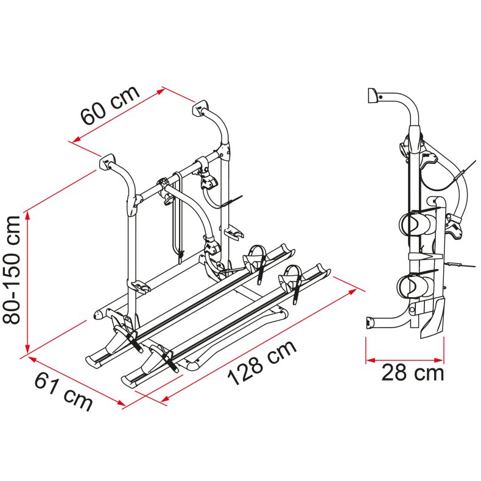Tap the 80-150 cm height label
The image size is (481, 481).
[x=12, y=270]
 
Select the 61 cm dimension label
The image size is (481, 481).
[x=63, y=393]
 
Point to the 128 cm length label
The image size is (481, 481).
[x=262, y=363]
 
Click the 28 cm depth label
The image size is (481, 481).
[x=413, y=373]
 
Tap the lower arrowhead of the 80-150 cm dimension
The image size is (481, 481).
[x=27, y=348]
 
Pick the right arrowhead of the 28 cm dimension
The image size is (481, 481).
[x=439, y=360]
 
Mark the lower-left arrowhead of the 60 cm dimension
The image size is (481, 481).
[x=76, y=139]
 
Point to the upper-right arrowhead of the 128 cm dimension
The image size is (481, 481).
[x=351, y=292]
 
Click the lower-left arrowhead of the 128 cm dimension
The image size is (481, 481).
[x=165, y=399]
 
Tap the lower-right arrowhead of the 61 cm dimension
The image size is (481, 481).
[x=121, y=403]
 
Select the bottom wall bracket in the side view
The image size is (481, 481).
[x=370, y=324]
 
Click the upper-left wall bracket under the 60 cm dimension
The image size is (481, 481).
[x=107, y=162]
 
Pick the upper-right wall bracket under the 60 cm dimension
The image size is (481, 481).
[x=200, y=108]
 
